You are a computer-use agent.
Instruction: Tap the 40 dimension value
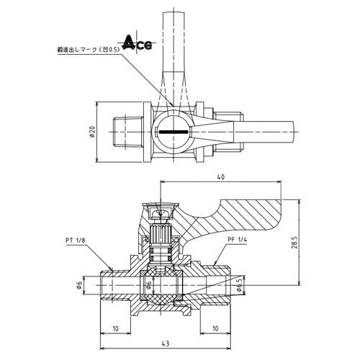(221, 177)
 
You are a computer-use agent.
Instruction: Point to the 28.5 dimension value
(294, 243)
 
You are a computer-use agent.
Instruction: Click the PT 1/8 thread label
(75, 240)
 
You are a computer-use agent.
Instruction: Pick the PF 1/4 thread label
(237, 240)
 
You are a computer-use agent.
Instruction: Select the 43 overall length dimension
(166, 343)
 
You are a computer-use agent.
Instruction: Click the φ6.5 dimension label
(238, 285)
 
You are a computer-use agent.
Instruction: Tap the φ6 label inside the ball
(148, 285)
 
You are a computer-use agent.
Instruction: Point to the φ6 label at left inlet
(80, 285)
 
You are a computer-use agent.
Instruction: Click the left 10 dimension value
(115, 328)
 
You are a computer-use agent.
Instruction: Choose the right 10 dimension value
(215, 328)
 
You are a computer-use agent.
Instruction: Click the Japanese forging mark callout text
(89, 50)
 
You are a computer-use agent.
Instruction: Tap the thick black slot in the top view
(174, 132)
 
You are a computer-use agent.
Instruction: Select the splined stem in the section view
(160, 233)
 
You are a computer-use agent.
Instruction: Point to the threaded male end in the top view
(128, 132)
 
